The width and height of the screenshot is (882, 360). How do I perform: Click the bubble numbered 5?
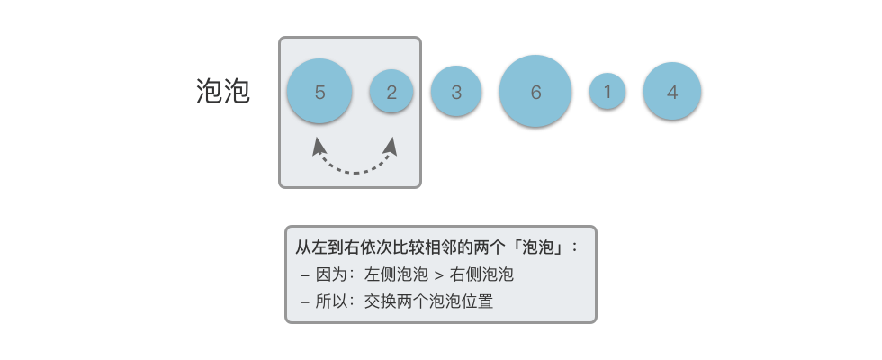tap(319, 92)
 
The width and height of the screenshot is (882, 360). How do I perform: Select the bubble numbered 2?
tap(391, 92)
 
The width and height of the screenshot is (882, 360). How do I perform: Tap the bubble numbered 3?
tap(456, 92)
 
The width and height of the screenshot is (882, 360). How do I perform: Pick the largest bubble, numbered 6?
tap(535, 92)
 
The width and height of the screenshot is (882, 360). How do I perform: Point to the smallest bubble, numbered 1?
tap(607, 92)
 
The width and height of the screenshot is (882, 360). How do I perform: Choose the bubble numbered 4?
tap(672, 92)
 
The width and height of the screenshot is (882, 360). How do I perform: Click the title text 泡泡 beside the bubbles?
tap(223, 92)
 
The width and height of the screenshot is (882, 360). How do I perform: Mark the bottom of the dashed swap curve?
tap(355, 171)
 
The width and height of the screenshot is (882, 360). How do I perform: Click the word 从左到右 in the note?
tap(323, 246)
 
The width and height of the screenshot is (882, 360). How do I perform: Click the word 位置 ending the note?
tap(480, 301)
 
